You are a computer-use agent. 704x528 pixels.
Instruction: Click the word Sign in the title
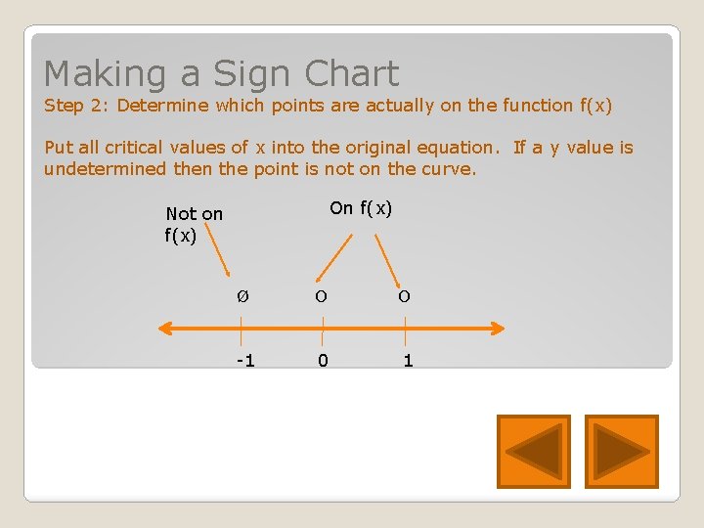pyautogui.click(x=253, y=74)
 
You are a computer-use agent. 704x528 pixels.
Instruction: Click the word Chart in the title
pyautogui.click(x=351, y=74)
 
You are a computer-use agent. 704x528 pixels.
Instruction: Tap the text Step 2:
pyautogui.click(x=77, y=106)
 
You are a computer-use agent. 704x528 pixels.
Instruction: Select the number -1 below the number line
pyautogui.click(x=244, y=361)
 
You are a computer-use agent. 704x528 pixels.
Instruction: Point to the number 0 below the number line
pyautogui.click(x=323, y=361)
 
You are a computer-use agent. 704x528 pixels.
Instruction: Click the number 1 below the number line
pyautogui.click(x=408, y=361)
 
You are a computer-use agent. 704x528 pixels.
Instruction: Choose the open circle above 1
pyautogui.click(x=404, y=296)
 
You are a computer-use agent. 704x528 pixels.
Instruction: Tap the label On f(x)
pyautogui.click(x=361, y=207)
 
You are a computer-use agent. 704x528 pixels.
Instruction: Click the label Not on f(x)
pyautogui.click(x=194, y=224)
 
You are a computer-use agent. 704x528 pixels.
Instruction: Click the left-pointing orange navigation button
pyautogui.click(x=533, y=451)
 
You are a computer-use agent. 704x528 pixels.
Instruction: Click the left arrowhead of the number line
pyautogui.click(x=166, y=329)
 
